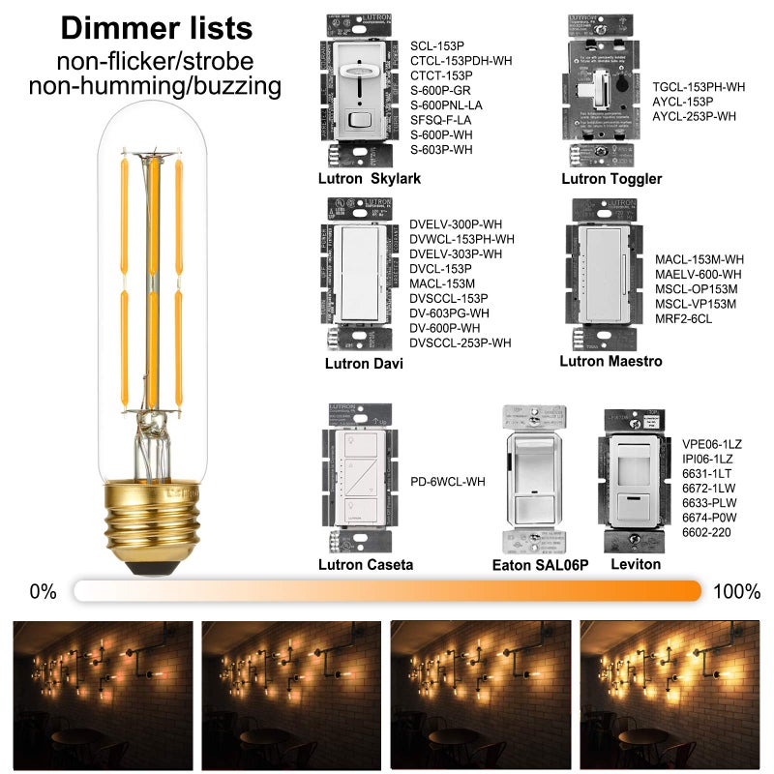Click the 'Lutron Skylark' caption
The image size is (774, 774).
[x=363, y=179]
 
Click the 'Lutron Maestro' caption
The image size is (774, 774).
[x=610, y=361]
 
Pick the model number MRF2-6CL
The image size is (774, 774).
[x=683, y=318]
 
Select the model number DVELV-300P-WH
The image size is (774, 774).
[x=456, y=224]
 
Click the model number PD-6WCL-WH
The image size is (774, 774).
[x=448, y=481]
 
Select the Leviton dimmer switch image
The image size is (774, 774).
[x=636, y=479]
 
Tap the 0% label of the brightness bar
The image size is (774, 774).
[x=44, y=591]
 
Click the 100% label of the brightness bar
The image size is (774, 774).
[x=736, y=591]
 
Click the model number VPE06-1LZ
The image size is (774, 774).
[x=712, y=443]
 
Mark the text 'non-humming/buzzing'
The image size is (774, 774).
[x=155, y=87]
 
